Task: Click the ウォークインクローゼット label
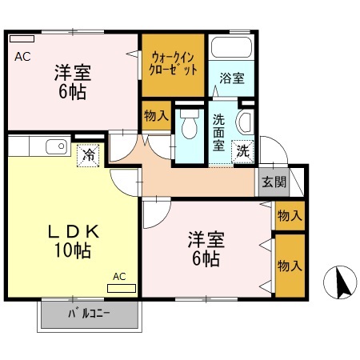click(x=174, y=62)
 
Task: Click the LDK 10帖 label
click(x=71, y=241)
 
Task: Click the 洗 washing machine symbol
click(x=241, y=149)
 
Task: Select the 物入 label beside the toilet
click(x=155, y=115)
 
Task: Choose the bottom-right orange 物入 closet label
click(x=289, y=265)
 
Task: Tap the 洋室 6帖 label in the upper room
click(x=72, y=81)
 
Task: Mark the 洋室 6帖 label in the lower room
click(x=205, y=248)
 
